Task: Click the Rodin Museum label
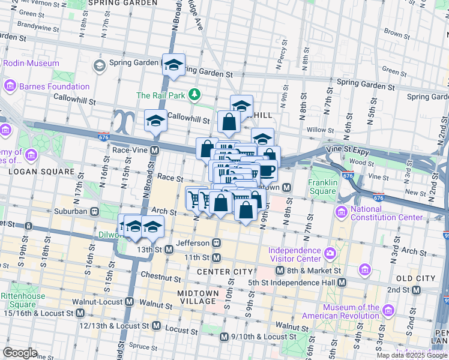click(31, 63)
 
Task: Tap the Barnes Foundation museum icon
click(10, 86)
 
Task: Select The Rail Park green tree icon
click(194, 95)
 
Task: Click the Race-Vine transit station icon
click(154, 150)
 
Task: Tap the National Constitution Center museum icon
click(341, 212)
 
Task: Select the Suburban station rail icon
click(94, 211)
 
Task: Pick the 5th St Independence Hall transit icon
click(341, 282)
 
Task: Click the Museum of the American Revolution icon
click(388, 310)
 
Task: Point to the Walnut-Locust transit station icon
click(128, 301)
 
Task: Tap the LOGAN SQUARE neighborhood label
click(32, 171)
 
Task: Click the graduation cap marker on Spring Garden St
click(173, 65)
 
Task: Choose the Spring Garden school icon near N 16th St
click(99, 64)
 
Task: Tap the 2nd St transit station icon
click(415, 290)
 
